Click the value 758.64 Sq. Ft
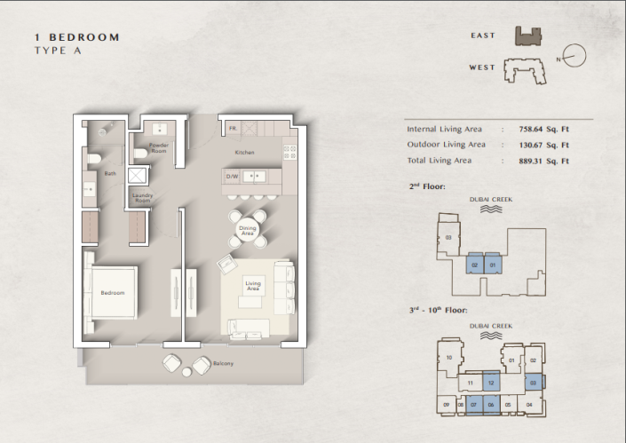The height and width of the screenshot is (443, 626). pyautogui.click(x=543, y=129)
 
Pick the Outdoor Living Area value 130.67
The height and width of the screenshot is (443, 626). pyautogui.click(x=543, y=145)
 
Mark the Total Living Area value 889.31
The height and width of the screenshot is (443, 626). pyautogui.click(x=543, y=161)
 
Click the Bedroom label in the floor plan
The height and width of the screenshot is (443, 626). pyautogui.click(x=112, y=293)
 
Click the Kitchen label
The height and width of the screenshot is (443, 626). pyautogui.click(x=245, y=153)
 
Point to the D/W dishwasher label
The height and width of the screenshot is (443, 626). pyautogui.click(x=233, y=176)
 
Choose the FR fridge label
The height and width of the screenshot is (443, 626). pyautogui.click(x=232, y=129)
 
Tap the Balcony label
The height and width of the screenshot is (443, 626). pyautogui.click(x=223, y=364)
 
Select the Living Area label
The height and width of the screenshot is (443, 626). pyautogui.click(x=252, y=287)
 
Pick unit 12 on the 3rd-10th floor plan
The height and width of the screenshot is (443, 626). pyautogui.click(x=490, y=383)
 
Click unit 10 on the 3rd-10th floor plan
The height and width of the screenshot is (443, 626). pyautogui.click(x=450, y=358)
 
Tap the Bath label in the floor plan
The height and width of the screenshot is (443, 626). pyautogui.click(x=111, y=174)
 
